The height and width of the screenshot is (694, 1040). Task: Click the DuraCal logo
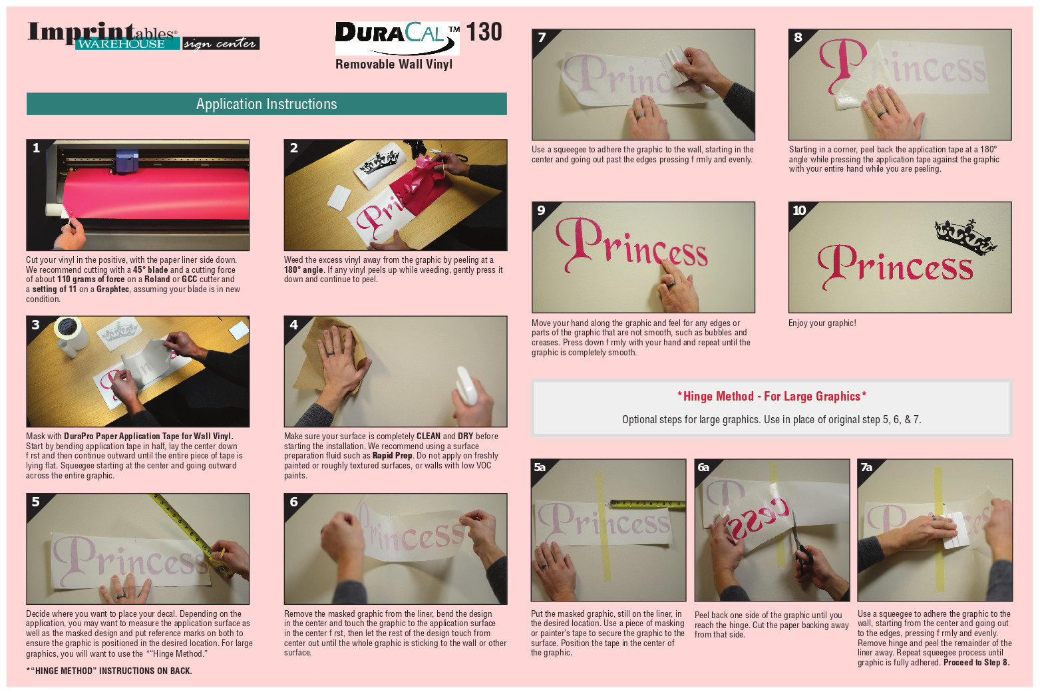click(397, 38)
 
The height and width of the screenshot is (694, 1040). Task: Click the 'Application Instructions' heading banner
click(267, 104)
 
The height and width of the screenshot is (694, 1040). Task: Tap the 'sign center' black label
click(221, 44)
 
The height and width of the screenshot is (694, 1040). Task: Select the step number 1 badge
click(36, 148)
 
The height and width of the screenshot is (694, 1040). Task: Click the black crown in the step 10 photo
click(964, 238)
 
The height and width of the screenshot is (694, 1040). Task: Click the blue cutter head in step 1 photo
click(127, 161)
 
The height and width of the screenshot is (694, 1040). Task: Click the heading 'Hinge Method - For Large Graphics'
click(772, 396)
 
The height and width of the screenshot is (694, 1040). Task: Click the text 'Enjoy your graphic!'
click(822, 323)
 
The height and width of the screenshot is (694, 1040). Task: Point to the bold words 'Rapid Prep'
click(393, 456)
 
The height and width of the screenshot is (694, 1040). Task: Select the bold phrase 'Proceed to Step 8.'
click(976, 663)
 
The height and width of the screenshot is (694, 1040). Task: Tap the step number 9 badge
click(542, 210)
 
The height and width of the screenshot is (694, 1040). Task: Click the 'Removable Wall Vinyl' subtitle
click(394, 64)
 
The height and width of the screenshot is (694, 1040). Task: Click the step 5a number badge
click(540, 467)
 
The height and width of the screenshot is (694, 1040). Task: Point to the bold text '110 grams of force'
click(91, 279)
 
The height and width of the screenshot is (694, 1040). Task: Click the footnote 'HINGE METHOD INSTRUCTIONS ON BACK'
click(109, 671)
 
